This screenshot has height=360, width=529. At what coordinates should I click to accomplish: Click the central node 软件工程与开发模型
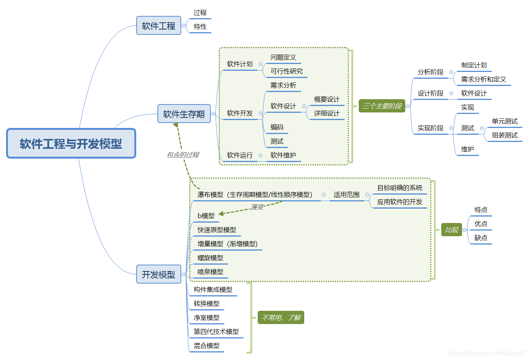[x=71, y=143]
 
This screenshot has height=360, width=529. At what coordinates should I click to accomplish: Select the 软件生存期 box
[x=184, y=114]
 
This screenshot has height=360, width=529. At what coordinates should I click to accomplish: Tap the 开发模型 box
[x=159, y=274]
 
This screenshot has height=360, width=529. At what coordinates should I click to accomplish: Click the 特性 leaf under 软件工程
[x=200, y=26]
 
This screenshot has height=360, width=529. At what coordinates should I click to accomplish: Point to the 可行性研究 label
[x=286, y=71]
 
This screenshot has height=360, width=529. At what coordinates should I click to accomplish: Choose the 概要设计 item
[x=327, y=99]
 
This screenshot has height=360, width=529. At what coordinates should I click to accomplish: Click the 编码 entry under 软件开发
[x=277, y=127]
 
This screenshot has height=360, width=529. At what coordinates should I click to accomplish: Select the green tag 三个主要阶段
[x=382, y=106]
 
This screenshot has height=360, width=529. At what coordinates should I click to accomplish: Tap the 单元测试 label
[x=504, y=121]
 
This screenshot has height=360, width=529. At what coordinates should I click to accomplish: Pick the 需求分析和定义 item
[x=483, y=79]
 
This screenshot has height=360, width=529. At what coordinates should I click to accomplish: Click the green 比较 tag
[x=451, y=229]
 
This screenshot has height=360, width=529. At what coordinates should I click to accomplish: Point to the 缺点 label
[x=481, y=238]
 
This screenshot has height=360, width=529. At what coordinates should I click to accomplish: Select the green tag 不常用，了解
[x=281, y=318]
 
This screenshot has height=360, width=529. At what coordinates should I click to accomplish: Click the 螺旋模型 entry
[x=210, y=258]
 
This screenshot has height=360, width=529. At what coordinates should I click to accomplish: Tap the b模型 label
[x=206, y=216]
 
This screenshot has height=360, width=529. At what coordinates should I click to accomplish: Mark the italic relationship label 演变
[x=257, y=207]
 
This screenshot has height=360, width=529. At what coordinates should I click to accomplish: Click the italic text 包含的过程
[x=183, y=155]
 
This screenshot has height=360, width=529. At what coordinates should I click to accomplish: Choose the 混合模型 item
[x=207, y=346]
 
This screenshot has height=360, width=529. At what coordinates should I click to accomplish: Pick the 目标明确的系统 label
[x=400, y=188]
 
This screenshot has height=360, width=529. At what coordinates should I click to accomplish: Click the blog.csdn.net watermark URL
[x=486, y=353]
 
